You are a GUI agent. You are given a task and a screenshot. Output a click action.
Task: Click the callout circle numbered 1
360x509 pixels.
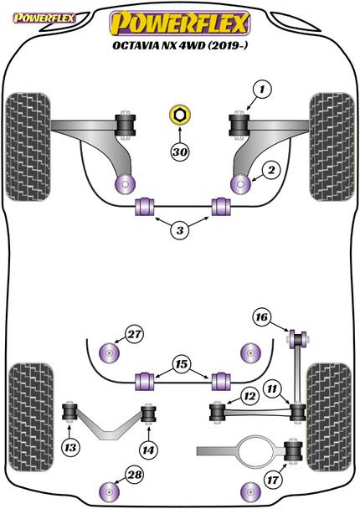262,89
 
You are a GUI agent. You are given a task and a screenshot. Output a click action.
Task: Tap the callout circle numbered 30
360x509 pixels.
180,152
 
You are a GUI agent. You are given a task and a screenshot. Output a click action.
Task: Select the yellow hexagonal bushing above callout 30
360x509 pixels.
180,116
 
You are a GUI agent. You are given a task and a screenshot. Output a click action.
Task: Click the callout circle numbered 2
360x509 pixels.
270,170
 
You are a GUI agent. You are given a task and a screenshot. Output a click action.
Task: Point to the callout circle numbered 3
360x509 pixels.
180,230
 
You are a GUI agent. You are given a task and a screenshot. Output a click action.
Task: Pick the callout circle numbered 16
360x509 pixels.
262,316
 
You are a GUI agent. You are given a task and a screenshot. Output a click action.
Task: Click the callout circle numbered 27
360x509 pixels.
135,334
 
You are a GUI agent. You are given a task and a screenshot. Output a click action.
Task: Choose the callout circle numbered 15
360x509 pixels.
182,364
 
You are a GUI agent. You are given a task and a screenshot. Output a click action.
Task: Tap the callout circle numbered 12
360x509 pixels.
249,396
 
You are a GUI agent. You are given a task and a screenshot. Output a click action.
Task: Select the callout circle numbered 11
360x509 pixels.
272,388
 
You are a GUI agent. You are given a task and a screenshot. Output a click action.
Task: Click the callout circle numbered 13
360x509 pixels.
70,448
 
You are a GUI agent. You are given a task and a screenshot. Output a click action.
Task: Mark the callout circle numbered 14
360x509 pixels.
148,450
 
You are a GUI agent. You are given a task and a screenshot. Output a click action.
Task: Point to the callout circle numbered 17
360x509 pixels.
273,480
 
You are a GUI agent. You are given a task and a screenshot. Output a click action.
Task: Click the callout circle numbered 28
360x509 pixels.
135,475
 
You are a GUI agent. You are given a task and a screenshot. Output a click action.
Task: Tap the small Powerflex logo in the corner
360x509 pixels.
44,18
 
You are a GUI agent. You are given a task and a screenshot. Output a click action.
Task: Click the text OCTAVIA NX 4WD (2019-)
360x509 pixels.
180,45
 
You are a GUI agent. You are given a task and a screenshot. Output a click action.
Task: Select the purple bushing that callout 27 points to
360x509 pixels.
109,352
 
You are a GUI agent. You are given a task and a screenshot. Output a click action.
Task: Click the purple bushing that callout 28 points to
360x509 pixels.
109,492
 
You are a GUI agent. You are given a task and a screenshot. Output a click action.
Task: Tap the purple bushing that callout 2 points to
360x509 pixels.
240,184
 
